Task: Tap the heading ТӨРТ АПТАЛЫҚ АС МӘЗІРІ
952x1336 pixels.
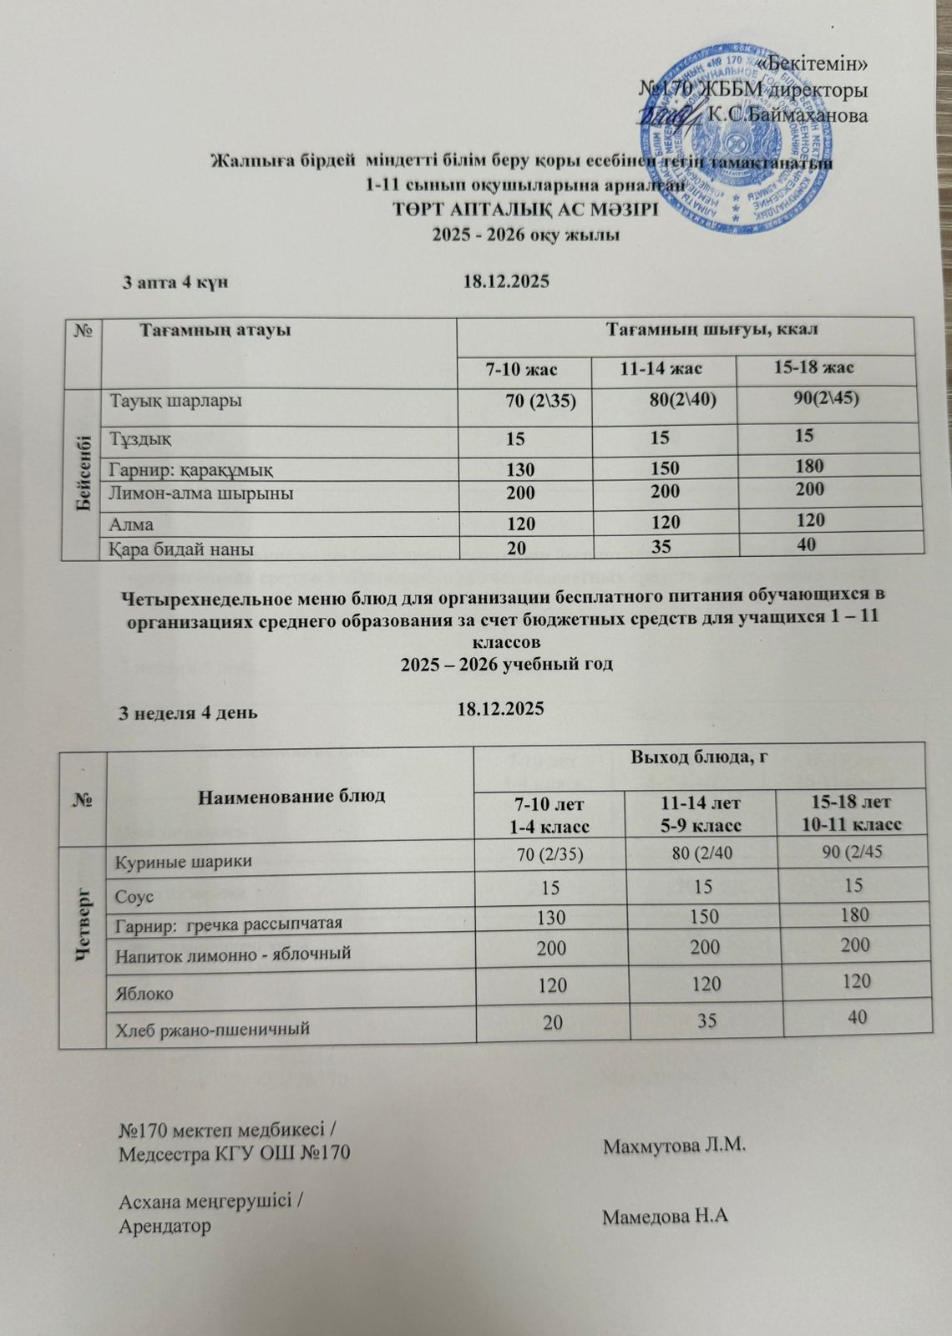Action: (x=525, y=210)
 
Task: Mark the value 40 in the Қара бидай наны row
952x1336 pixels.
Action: (x=806, y=544)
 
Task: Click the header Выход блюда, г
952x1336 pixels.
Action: (x=699, y=758)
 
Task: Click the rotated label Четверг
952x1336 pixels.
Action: (x=84, y=944)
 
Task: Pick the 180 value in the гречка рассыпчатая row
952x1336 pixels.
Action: (x=855, y=914)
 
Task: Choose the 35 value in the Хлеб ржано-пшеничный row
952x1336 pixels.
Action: (x=707, y=1020)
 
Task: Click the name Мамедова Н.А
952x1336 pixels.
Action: (x=666, y=1217)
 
